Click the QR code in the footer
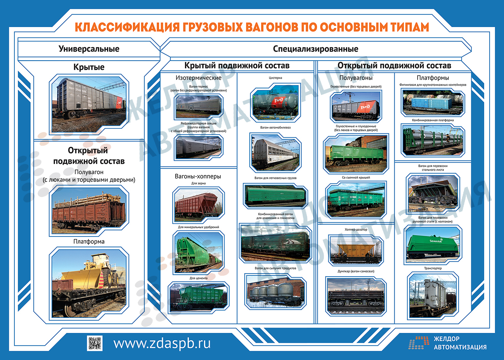click(x=94, y=343)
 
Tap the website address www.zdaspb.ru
click(x=162, y=343)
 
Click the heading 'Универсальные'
click(x=89, y=49)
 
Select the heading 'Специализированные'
click(x=316, y=49)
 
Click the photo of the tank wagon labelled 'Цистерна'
click(x=275, y=103)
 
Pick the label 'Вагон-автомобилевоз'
click(x=275, y=128)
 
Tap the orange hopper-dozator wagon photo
click(x=356, y=250)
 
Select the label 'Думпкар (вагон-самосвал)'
click(x=356, y=272)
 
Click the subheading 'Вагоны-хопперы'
click(x=198, y=176)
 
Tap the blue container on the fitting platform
click(x=430, y=103)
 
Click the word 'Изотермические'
click(x=198, y=78)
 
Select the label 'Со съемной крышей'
click(x=356, y=178)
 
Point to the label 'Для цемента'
click(x=198, y=278)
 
